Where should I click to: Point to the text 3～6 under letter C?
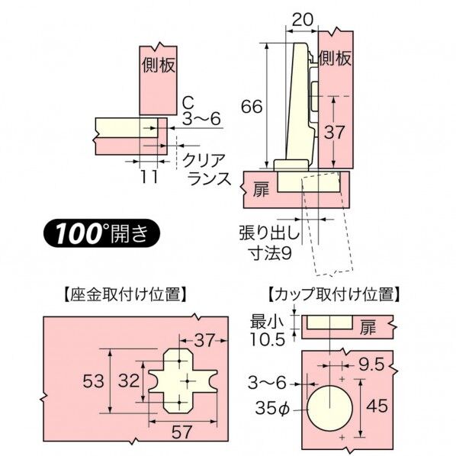point(201,120)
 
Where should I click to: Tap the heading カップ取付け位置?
point(329,294)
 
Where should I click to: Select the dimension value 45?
point(377,406)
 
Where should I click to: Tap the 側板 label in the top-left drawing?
point(158,67)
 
